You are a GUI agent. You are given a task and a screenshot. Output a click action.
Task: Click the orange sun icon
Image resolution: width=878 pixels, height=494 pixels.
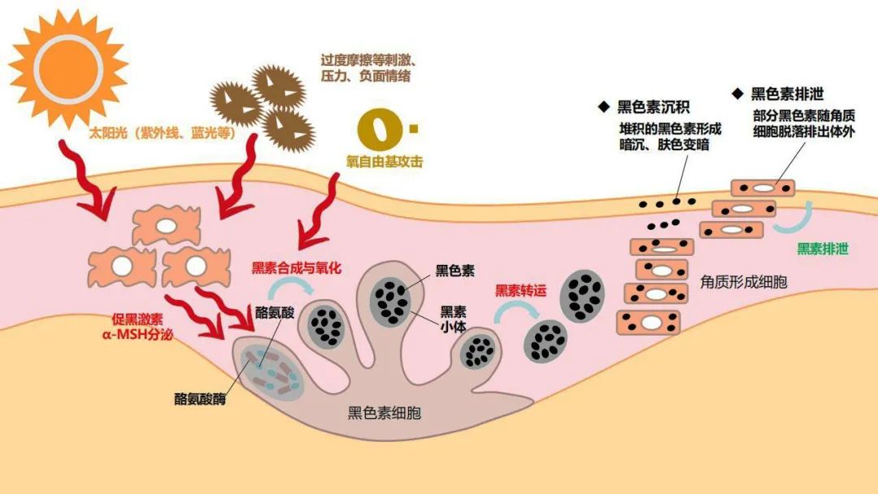tap(68, 63)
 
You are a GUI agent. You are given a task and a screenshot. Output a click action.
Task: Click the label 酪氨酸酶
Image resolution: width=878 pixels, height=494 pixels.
tap(199, 399)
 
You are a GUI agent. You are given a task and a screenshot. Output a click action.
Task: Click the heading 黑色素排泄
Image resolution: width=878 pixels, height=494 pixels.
tap(787, 94)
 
